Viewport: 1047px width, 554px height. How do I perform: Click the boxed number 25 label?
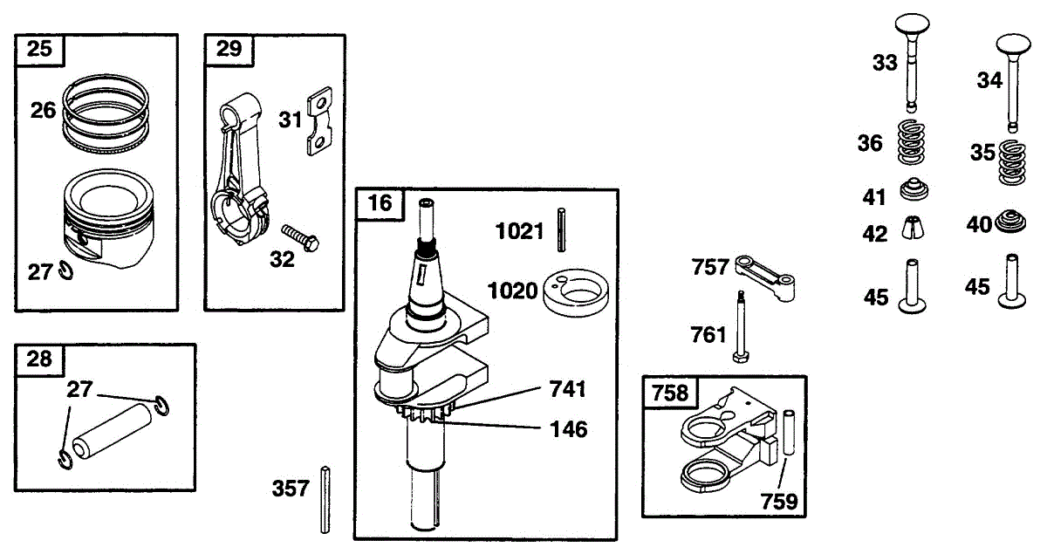tap(39, 49)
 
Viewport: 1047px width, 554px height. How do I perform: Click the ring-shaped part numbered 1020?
tap(574, 291)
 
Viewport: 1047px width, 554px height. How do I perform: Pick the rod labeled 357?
tap(325, 499)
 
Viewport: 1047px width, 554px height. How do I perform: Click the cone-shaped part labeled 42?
tap(913, 227)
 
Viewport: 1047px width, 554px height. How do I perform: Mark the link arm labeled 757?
tap(767, 277)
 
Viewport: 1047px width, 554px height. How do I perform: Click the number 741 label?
tap(567, 388)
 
